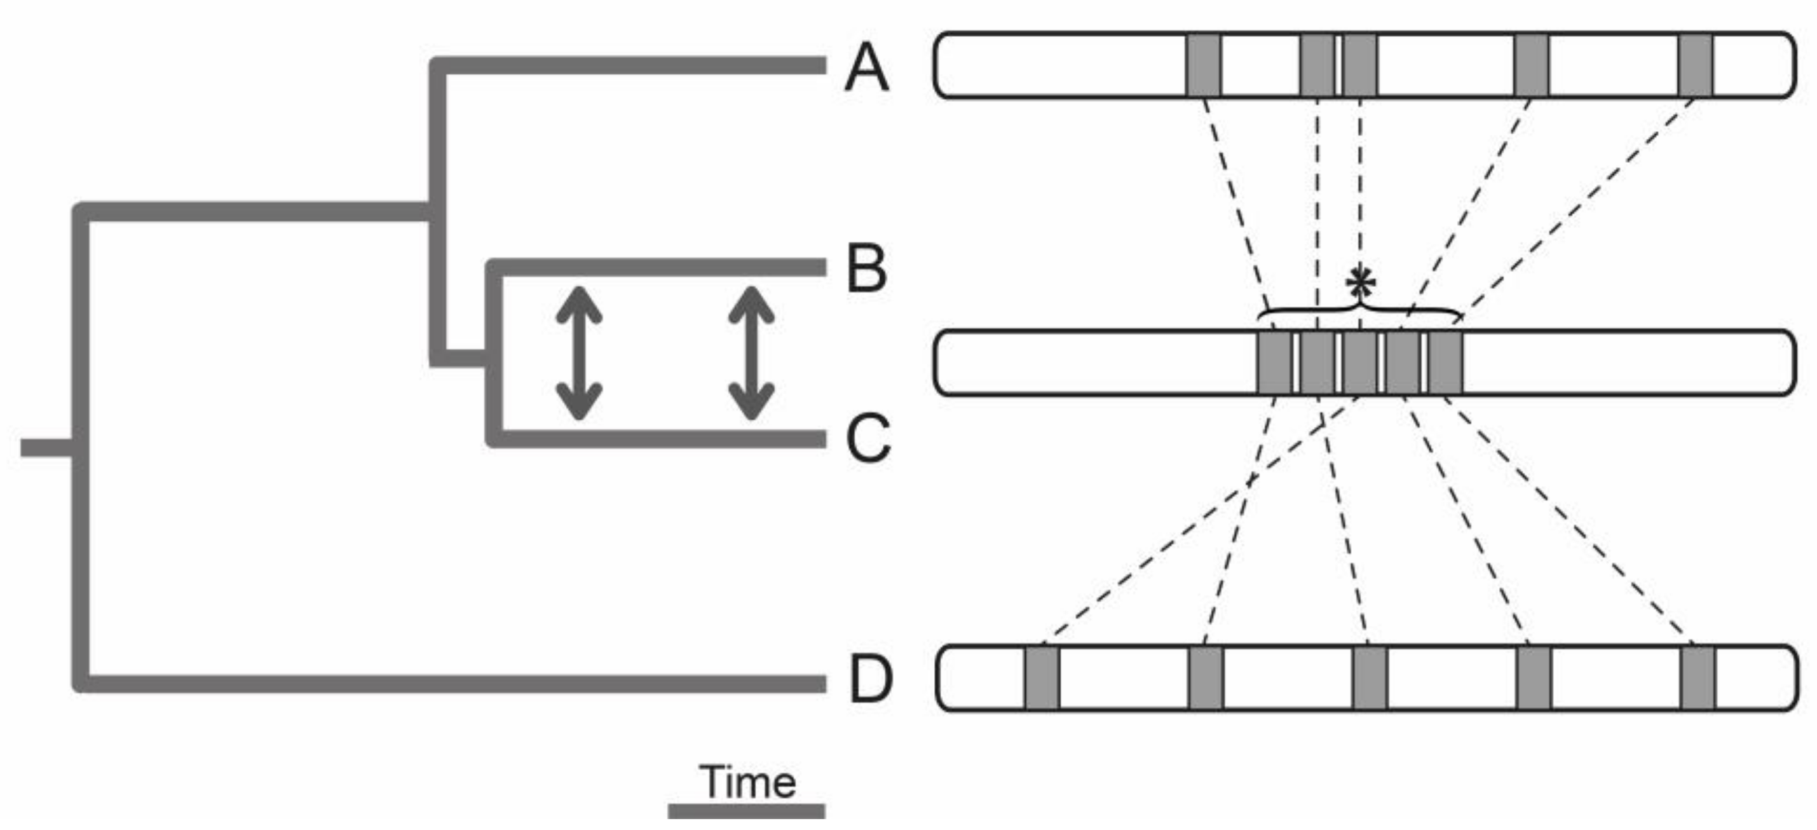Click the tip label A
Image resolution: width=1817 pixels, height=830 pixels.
(x=866, y=67)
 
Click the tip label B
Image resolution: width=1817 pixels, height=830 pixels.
(x=866, y=269)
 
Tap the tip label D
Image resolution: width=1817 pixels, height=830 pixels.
(x=871, y=680)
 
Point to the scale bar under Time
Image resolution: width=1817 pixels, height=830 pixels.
(x=746, y=812)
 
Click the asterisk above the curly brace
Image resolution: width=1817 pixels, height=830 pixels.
(x=1360, y=284)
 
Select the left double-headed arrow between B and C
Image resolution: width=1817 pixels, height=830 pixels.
(x=579, y=353)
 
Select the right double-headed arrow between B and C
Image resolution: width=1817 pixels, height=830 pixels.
(x=751, y=353)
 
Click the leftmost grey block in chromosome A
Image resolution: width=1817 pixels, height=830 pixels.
(x=1203, y=65)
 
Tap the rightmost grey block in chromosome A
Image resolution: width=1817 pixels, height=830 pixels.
(x=1695, y=65)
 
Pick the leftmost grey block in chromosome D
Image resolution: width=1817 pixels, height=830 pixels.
(x=1042, y=677)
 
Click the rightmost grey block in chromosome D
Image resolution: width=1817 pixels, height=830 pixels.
(x=1697, y=677)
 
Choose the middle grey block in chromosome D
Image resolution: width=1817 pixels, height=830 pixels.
(x=1369, y=677)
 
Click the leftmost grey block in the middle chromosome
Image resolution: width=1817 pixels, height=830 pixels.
(x=1275, y=363)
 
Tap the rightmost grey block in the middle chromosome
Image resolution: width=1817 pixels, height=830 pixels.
(x=1445, y=363)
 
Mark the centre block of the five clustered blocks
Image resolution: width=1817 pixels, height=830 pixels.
(x=1359, y=363)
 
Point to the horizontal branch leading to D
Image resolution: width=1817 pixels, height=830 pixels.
(x=451, y=683)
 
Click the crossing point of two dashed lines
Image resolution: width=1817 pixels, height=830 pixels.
(x=1251, y=480)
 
